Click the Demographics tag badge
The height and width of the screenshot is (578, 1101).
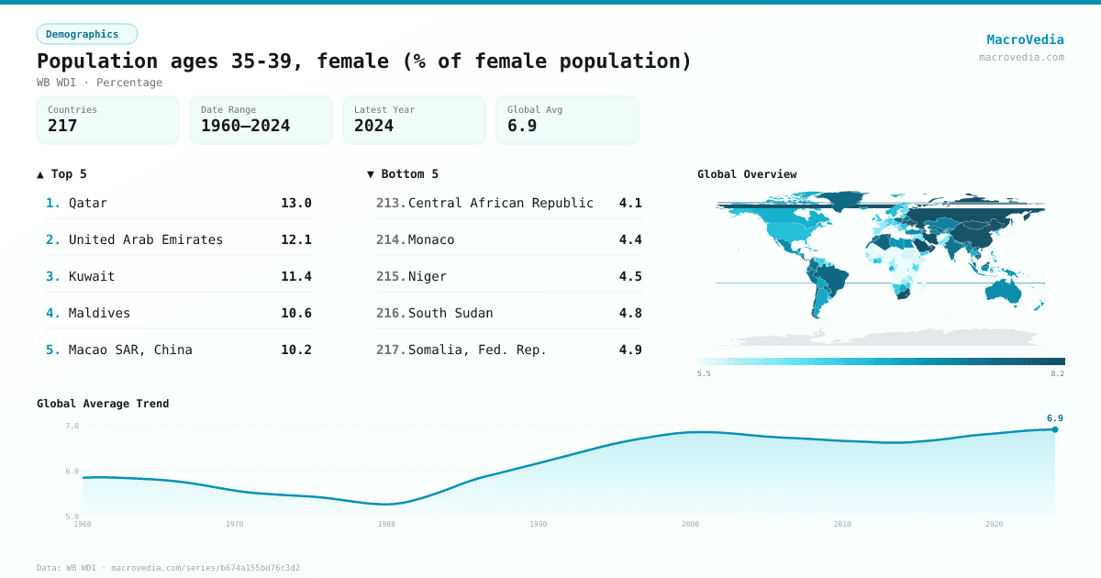pos(86,34)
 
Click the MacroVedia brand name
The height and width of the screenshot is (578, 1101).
pos(1025,39)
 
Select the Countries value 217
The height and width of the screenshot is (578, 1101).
pos(62,126)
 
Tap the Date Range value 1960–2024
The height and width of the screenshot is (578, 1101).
pos(245,126)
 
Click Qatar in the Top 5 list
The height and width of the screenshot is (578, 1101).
pos(88,203)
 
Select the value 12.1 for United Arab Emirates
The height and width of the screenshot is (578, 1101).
pos(295,239)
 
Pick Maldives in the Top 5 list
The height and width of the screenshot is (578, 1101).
pos(99,313)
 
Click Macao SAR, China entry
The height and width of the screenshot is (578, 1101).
pos(130,350)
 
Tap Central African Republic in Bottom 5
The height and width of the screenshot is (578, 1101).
pos(500,203)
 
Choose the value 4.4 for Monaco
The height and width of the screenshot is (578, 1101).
pos(630,239)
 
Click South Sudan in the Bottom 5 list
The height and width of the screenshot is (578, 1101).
pos(450,313)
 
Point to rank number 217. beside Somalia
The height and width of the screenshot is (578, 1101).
pos(390,350)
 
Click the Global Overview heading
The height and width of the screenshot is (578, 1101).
pos(747,174)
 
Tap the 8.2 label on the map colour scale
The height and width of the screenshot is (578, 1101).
pos(1057,373)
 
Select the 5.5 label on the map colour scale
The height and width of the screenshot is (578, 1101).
pos(704,373)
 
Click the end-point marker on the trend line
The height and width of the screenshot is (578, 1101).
pos(1054,429)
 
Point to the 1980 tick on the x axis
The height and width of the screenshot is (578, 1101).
pos(386,524)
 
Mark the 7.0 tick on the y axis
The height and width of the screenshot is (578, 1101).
pos(72,426)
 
